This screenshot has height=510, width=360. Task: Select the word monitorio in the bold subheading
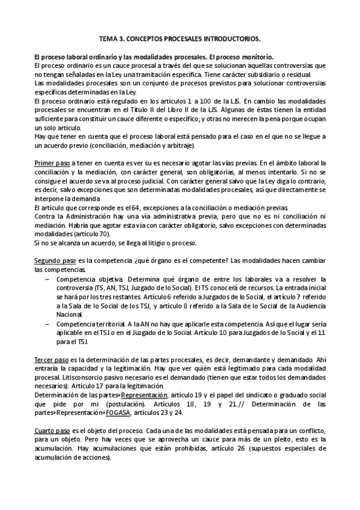(x=255, y=56)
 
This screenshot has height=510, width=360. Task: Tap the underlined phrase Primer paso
(x=52, y=163)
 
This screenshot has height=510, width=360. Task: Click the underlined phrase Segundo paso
(x=55, y=261)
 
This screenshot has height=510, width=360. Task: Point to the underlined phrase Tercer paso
(x=52, y=359)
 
